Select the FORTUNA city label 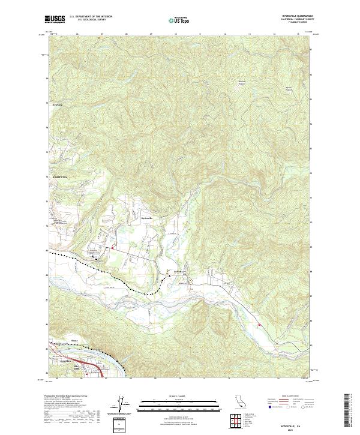pos(55,178)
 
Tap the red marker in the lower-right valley pos(259,326)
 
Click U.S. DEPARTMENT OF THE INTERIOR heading pos(91,17)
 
